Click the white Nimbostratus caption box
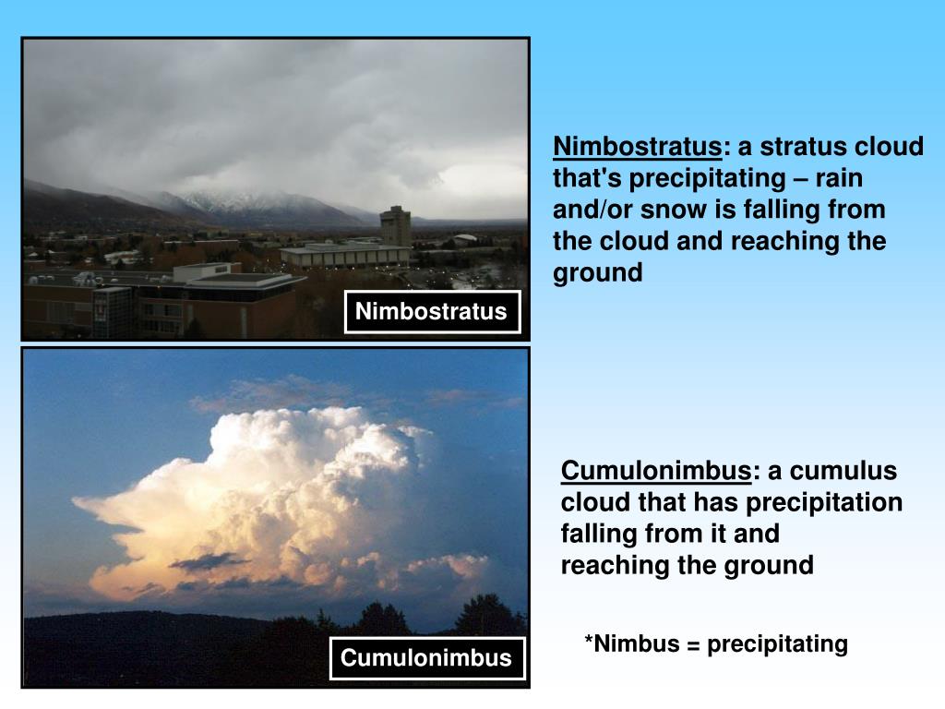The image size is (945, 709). pos(431,312)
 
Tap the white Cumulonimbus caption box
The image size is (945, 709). pos(425,658)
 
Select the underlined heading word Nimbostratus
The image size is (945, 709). pos(637,147)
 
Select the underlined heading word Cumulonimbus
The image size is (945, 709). pos(656,471)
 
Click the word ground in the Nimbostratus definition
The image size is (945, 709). pos(597,273)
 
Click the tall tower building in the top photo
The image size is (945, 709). pos(395,225)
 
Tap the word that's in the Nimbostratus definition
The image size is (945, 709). pos(588,178)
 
